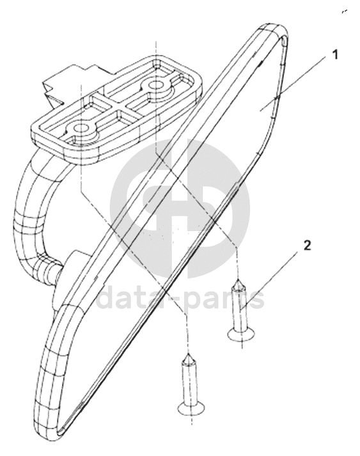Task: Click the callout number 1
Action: [335, 54]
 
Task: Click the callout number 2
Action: [307, 246]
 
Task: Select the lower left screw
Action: [191, 384]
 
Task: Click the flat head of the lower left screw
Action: [191, 408]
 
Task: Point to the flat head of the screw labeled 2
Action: [241, 334]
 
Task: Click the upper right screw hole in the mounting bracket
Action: [156, 84]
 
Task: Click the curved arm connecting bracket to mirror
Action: [32, 218]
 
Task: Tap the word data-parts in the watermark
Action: [180, 298]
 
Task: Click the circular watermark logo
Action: [180, 208]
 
